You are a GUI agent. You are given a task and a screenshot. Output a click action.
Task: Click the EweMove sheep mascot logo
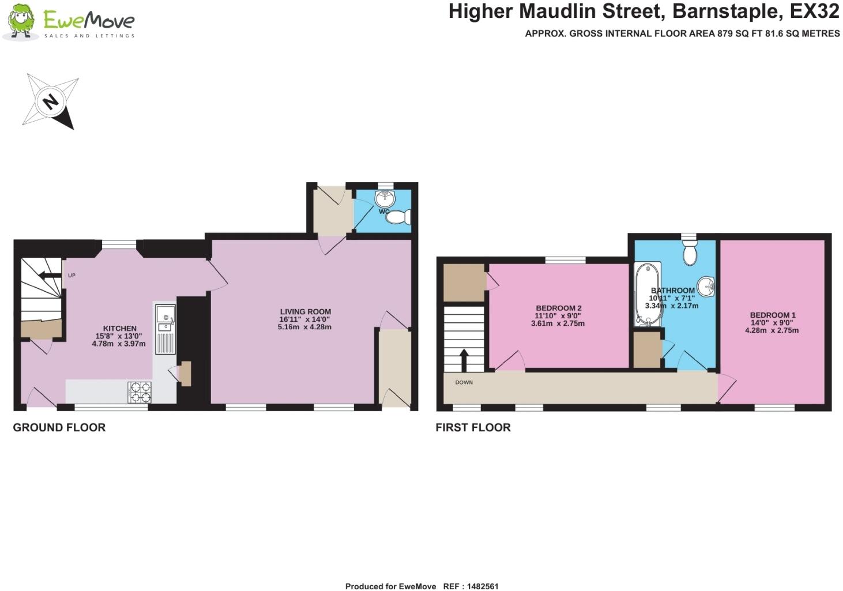click(21, 21)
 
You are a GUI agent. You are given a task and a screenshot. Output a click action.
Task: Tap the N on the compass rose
click(50, 101)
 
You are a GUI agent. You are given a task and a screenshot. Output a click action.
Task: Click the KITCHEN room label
click(120, 328)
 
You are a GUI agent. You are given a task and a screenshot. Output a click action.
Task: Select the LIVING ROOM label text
click(305, 312)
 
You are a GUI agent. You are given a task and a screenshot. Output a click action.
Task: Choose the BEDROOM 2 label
click(559, 308)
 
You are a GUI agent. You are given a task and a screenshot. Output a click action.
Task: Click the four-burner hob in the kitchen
click(140, 393)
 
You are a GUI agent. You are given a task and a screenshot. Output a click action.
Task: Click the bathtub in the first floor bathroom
click(648, 295)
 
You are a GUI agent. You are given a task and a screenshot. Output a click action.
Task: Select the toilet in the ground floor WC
click(398, 217)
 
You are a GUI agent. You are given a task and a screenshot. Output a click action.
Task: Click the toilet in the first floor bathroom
click(690, 252)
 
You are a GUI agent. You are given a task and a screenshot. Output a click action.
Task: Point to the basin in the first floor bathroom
click(706, 287)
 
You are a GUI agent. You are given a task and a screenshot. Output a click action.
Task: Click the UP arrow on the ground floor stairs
click(50, 275)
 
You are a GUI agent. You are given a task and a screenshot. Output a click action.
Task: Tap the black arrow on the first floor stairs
click(464, 360)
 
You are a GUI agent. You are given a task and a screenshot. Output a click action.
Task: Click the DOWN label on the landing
click(464, 382)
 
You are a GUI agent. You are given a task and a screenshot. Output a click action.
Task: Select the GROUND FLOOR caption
click(59, 428)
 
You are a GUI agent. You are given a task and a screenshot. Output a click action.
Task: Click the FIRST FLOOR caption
click(473, 428)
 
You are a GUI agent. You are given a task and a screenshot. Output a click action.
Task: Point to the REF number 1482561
click(482, 586)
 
